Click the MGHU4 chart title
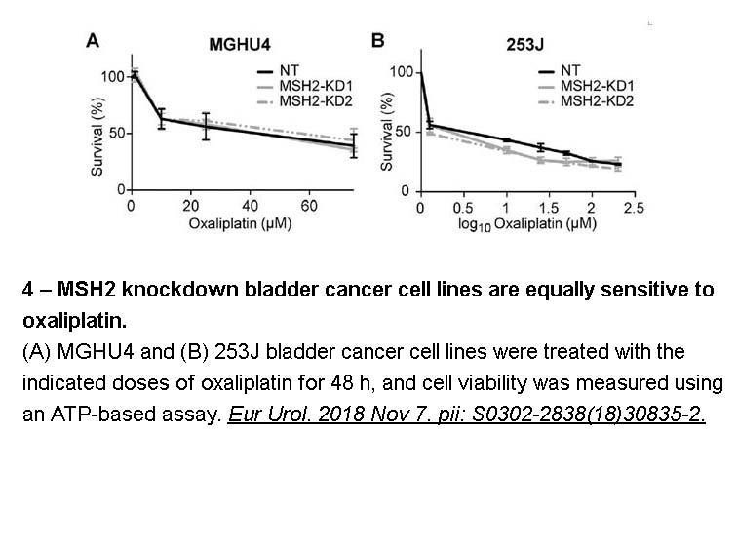240,45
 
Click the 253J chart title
525,45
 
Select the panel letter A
93,41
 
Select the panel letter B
378,40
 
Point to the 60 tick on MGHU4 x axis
309,206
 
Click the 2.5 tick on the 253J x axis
634,208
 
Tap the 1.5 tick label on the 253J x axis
549,208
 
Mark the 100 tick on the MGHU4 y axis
112,77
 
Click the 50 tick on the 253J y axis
404,132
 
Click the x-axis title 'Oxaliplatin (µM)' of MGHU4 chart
240,224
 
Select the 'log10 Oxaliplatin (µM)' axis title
527,224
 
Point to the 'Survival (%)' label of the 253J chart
387,132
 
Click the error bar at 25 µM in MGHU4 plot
206,127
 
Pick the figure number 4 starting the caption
27,290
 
